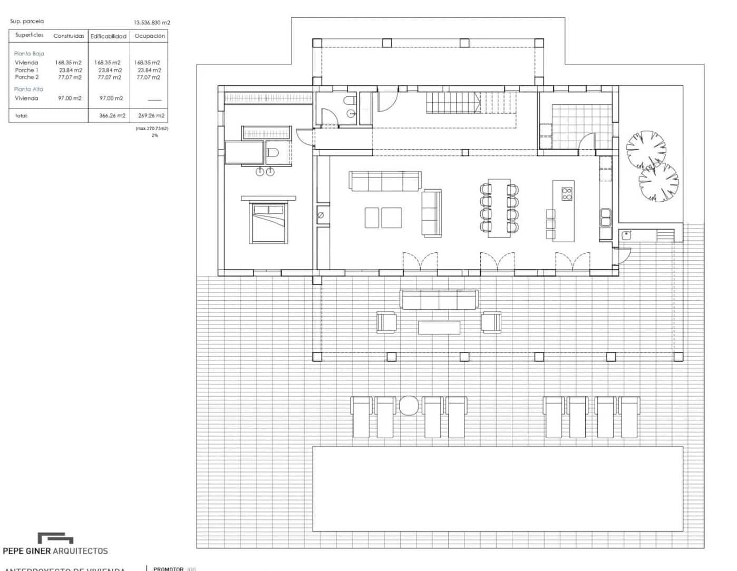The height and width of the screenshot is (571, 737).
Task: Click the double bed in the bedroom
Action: (270, 222)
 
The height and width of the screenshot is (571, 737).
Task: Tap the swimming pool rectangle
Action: (497, 488)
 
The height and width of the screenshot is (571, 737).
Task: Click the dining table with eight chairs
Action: (499, 208)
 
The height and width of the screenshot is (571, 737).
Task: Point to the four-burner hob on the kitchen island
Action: (567, 193)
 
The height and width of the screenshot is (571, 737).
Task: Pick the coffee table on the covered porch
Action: (439, 327)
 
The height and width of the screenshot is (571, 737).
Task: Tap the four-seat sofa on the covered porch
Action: (439, 299)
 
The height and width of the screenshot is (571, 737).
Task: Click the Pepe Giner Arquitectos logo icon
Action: (55, 538)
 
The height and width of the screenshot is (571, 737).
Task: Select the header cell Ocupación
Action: (149, 36)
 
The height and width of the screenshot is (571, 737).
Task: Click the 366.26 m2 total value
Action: (112, 115)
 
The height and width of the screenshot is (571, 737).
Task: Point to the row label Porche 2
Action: (27, 77)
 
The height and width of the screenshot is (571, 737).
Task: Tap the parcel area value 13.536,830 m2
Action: (152, 23)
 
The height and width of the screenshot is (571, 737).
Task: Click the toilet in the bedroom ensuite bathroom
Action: (273, 153)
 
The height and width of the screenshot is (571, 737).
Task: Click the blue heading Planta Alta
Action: (28, 89)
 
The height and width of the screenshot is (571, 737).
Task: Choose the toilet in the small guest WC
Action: (349, 101)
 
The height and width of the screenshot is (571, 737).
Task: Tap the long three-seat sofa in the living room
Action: (385, 181)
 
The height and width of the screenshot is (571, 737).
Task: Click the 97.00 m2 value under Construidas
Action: (70, 98)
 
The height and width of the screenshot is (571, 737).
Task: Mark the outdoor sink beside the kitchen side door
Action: (626, 235)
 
